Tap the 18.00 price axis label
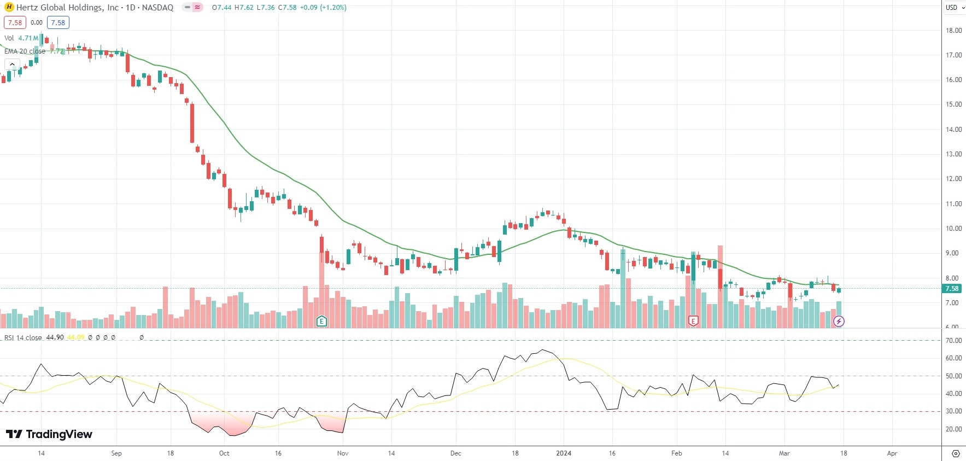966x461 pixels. [x=953, y=31]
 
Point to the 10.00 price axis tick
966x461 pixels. [x=953, y=229]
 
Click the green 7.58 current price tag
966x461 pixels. [x=952, y=289]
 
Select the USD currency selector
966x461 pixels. [x=955, y=8]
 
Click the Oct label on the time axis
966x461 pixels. [x=224, y=453]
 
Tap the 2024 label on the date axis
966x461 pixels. [x=564, y=453]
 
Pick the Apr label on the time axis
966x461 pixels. [x=892, y=453]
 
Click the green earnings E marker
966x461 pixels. [x=321, y=321]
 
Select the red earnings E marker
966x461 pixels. [x=693, y=321]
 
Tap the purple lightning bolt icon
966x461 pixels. [x=839, y=321]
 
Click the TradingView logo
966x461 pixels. [x=49, y=434]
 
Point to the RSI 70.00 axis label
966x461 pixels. [x=953, y=341]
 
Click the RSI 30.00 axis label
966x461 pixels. [x=953, y=411]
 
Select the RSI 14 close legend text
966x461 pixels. [x=23, y=338]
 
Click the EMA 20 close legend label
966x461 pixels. [x=25, y=51]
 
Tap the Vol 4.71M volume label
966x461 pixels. [x=21, y=38]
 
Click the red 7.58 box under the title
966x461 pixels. [x=15, y=22]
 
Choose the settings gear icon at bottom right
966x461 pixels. [x=956, y=454]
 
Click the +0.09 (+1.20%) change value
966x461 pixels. [x=323, y=8]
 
